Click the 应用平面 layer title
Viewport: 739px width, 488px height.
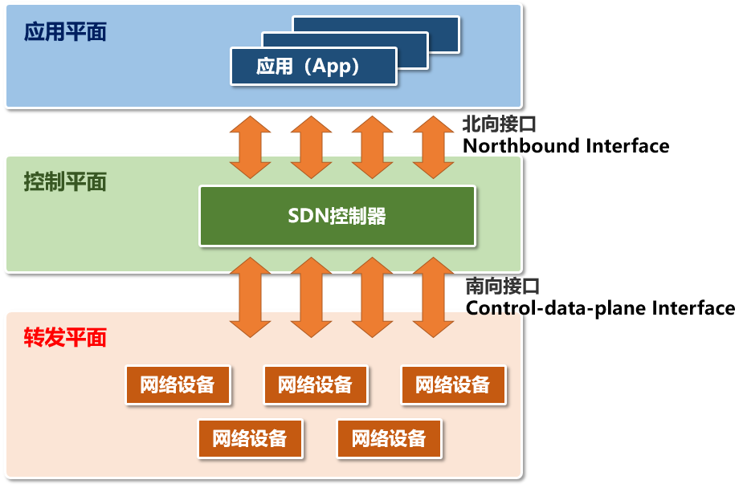65,33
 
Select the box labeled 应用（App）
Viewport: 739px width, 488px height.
313,66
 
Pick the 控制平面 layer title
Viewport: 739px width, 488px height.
65,182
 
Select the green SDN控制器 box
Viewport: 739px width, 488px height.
337,216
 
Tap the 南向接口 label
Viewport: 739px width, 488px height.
502,287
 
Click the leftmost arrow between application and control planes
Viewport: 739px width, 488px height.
251,147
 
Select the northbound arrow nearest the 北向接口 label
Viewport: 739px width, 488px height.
434,147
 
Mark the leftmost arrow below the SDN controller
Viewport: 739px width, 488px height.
251,298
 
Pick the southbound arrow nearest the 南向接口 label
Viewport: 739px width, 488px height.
434,298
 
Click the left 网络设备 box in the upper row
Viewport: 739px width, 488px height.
178,384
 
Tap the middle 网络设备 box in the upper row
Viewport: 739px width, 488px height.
316,384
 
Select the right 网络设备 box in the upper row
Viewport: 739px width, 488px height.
453,384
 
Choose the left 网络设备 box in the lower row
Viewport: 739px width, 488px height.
250,438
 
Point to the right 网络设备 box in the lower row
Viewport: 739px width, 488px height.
389,438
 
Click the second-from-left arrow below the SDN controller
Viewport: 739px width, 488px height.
312,298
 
